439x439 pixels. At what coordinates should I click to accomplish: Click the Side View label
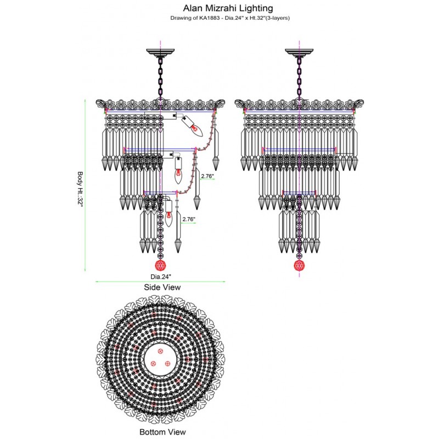pyautogui.click(x=162, y=287)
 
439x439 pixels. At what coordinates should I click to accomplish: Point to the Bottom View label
pyautogui.click(x=162, y=432)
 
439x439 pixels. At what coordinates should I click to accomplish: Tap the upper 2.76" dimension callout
pyautogui.click(x=207, y=176)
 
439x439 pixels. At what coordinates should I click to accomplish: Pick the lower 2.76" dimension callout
pyautogui.click(x=189, y=219)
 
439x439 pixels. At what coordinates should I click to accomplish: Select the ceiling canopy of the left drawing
pyautogui.click(x=161, y=53)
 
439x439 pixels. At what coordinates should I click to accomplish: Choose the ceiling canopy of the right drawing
pyautogui.click(x=299, y=53)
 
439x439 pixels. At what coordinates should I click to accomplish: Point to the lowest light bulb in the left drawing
pyautogui.click(x=170, y=218)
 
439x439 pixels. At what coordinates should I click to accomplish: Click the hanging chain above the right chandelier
pyautogui.click(x=299, y=77)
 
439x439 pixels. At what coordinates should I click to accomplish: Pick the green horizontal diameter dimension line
pyautogui.click(x=161, y=282)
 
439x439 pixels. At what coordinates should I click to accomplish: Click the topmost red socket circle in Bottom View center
pyautogui.click(x=161, y=351)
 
